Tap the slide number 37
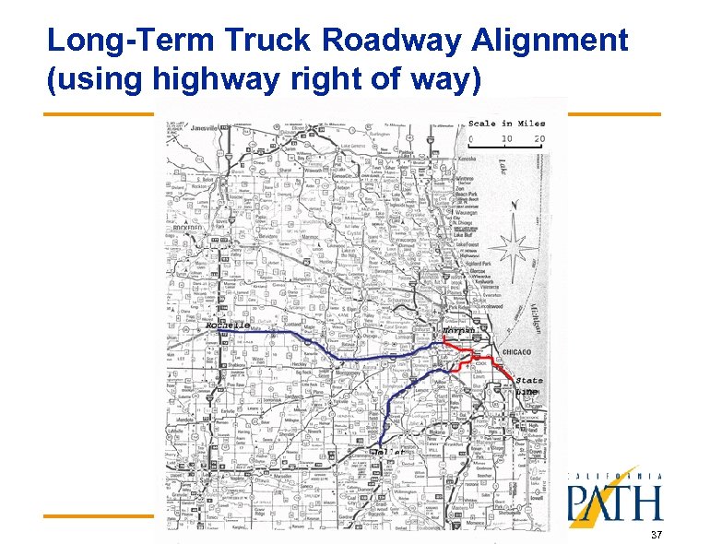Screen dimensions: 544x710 tap(656, 536)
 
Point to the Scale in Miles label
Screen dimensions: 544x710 tap(506, 123)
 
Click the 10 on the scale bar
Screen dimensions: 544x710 tap(505, 139)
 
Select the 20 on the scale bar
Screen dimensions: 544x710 tap(538, 139)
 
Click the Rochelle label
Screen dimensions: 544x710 tap(227, 325)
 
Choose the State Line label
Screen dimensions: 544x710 tap(528, 385)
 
